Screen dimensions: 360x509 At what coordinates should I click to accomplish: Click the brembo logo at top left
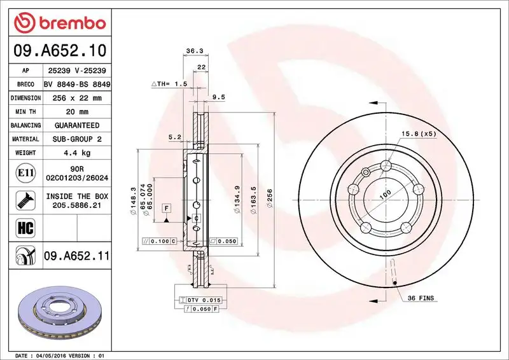point(59,24)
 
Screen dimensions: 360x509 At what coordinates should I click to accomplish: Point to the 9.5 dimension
point(218,97)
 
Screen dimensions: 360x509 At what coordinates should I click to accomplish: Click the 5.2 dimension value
point(175,137)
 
